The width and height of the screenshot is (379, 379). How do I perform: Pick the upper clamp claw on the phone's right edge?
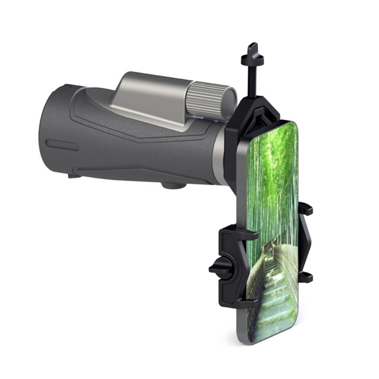pos(305,209)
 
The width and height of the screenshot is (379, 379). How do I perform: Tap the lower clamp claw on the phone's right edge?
pos(305,276)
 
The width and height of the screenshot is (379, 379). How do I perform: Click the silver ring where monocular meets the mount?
pos(219,159)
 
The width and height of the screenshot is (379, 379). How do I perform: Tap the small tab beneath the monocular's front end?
pos(73,176)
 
